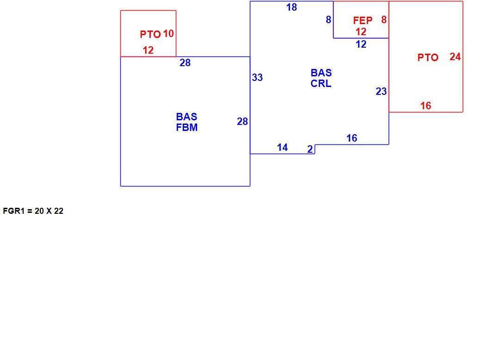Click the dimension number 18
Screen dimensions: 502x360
coord(291,7)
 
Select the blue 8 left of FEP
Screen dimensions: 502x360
coord(328,19)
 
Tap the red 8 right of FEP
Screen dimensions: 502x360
coord(384,19)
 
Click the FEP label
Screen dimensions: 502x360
coord(363,20)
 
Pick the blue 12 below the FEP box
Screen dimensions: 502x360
coord(361,44)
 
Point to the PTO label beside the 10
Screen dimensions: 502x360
coord(150,34)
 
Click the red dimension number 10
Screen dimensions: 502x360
coord(168,33)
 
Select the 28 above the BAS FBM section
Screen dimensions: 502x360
coord(185,62)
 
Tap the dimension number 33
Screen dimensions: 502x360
coord(257,77)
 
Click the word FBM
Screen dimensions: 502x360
coord(186,127)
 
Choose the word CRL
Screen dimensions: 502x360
coord(321,83)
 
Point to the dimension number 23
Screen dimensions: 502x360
coord(381,91)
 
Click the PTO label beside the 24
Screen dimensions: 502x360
coord(428,57)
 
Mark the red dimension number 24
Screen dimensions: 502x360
coord(455,57)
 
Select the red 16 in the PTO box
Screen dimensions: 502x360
coord(426,106)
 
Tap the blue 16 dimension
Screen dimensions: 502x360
coord(352,138)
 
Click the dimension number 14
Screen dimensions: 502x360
coord(282,147)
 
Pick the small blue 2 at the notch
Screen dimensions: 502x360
coord(310,149)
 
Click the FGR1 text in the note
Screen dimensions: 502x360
coord(13,211)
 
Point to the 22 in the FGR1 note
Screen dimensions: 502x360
coord(59,211)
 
